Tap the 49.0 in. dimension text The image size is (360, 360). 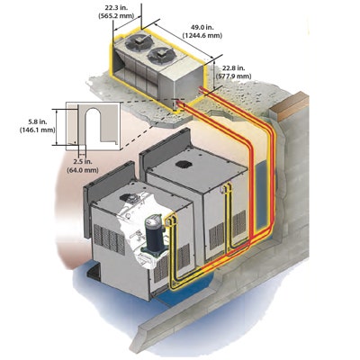click(x=202, y=28)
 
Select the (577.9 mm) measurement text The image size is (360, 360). click(x=234, y=76)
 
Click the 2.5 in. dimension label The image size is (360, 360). click(x=83, y=162)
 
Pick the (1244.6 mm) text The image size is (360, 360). click(x=202, y=36)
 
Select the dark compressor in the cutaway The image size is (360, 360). click(x=155, y=236)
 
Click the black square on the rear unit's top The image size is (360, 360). click(x=184, y=164)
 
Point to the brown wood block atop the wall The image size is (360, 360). click(x=290, y=106)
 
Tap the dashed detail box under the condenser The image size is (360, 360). click(x=178, y=104)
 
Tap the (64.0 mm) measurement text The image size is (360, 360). click(x=83, y=170)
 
